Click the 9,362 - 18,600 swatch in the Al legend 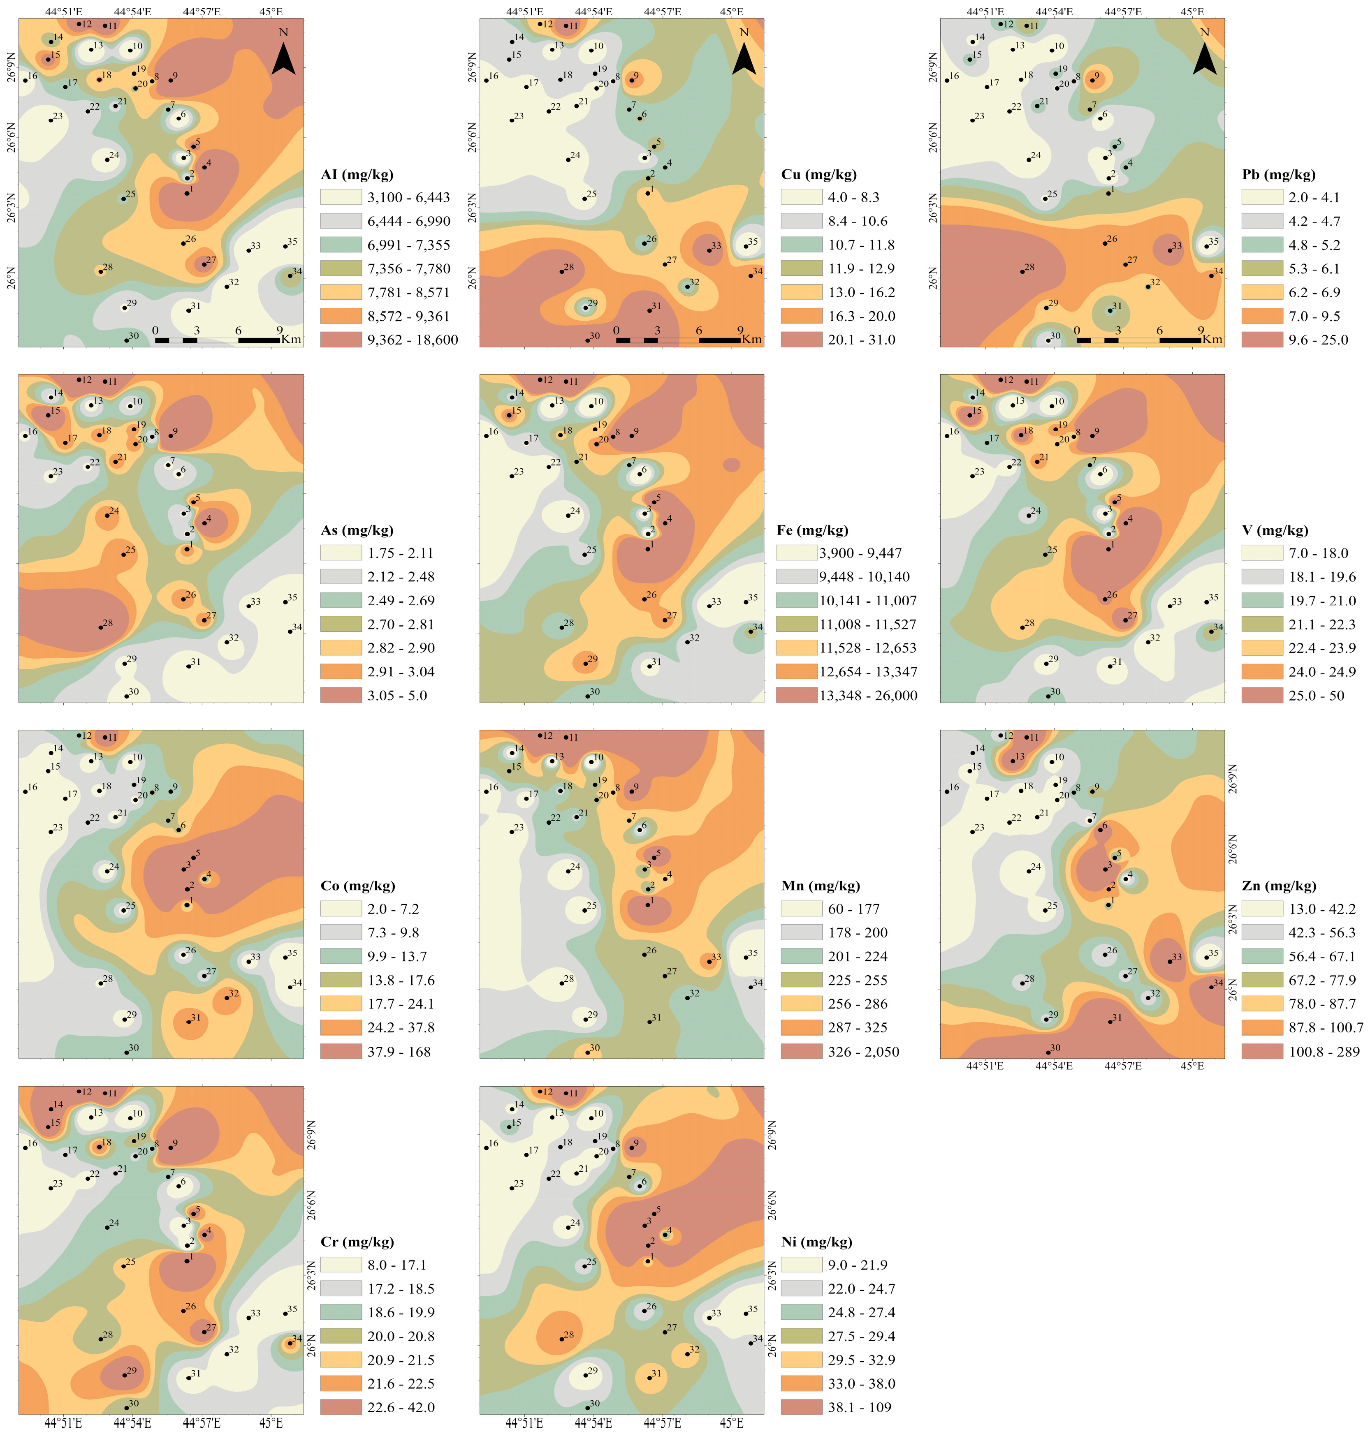click(x=341, y=340)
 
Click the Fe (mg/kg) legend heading click(x=812, y=530)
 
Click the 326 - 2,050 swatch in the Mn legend click(x=802, y=1051)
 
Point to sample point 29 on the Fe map click(x=585, y=664)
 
